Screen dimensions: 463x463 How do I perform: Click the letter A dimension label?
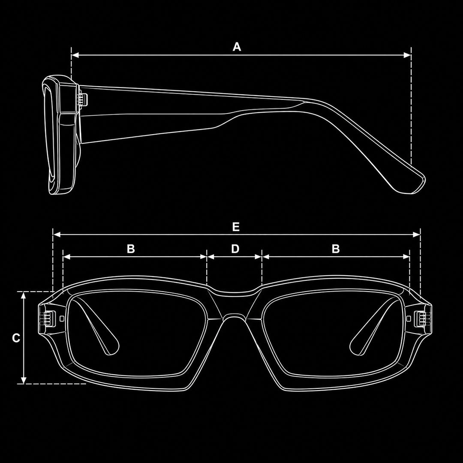click(x=237, y=47)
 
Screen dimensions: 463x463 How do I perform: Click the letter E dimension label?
click(x=236, y=227)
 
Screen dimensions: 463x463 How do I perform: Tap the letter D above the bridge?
click(x=235, y=249)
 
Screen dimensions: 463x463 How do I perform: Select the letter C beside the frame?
click(x=16, y=338)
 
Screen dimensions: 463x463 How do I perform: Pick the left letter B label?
click(x=131, y=249)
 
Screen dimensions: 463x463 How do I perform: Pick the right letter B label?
click(x=336, y=249)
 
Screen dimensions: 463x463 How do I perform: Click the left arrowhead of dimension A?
click(x=75, y=55)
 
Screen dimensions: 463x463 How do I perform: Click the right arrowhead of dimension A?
click(x=407, y=55)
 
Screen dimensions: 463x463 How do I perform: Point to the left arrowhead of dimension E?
click(x=57, y=235)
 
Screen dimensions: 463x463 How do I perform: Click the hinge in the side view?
click(x=82, y=99)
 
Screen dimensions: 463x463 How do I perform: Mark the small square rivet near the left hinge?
click(x=62, y=318)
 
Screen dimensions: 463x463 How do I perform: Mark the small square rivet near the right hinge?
click(x=409, y=318)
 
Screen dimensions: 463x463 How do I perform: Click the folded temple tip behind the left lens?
click(x=111, y=346)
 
